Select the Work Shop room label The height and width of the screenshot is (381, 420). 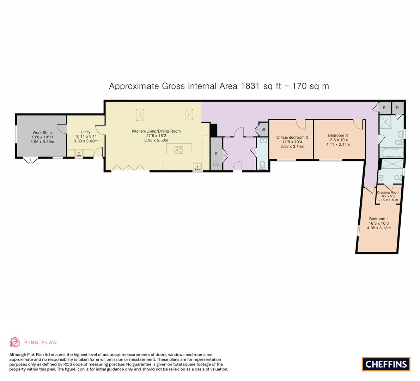pos(42,133)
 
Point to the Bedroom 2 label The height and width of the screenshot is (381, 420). pos(338,135)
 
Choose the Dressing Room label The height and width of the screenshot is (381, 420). pos(388,192)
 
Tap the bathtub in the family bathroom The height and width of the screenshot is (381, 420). pos(391,153)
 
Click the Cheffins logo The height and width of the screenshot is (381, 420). pos(386,364)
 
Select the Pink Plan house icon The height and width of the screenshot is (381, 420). pos(15,342)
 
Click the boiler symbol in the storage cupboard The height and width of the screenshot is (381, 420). pos(216,164)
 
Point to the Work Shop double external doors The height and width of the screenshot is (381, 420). pos(30,161)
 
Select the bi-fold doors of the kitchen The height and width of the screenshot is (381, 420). pos(129,169)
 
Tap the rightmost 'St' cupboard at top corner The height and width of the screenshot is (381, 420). pos(397,108)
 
